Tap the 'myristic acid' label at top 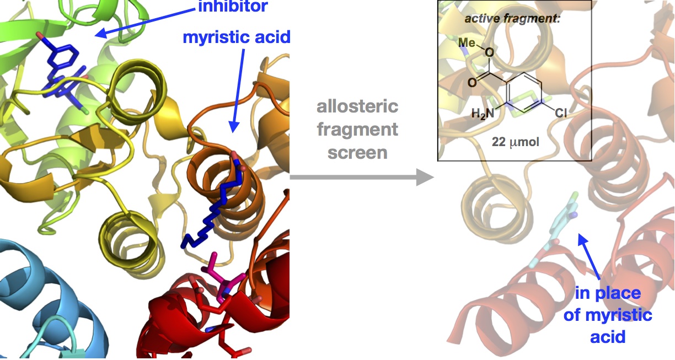pyautogui.click(x=236, y=38)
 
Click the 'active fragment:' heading pyautogui.click(x=512, y=19)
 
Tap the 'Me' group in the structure pyautogui.click(x=467, y=44)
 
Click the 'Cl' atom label pyautogui.click(x=560, y=114)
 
